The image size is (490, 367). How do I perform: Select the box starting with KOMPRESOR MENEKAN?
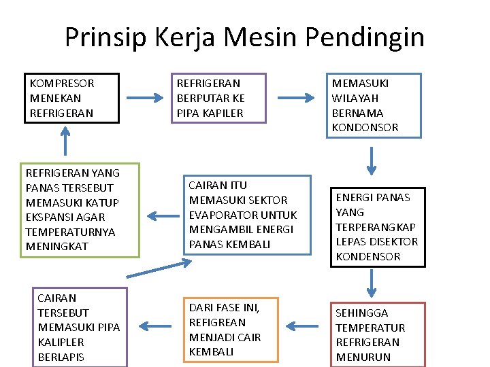pyautogui.click(x=71, y=98)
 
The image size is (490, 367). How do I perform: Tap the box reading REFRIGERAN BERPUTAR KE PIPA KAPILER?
pyautogui.click(x=217, y=98)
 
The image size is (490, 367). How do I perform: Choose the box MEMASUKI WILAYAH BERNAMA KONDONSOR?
pyautogui.click(x=373, y=105)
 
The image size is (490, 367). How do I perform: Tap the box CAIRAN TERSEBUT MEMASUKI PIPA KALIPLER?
pyautogui.click(x=80, y=327)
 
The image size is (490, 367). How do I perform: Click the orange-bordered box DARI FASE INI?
pyautogui.click(x=231, y=329)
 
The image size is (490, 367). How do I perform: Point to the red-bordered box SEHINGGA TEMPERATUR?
pyautogui.click(x=377, y=334)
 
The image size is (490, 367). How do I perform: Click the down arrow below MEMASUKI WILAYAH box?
pyautogui.click(x=372, y=160)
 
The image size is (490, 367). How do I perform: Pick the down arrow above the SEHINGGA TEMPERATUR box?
pyautogui.click(x=372, y=283)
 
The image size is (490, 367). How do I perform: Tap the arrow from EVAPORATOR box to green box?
pyautogui.click(x=161, y=216)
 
